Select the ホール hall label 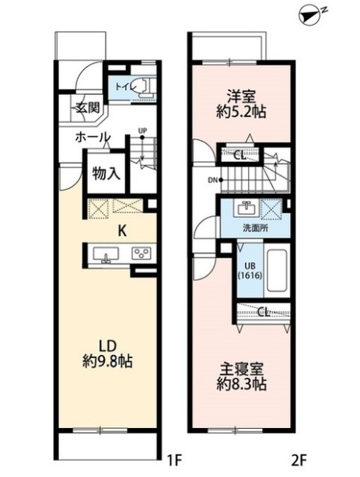pos(92,138)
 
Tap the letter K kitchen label pos(122,230)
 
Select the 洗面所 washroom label pos(253,229)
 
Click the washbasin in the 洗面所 pos(247,209)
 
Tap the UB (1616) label pos(250,272)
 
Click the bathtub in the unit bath pos(278,272)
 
